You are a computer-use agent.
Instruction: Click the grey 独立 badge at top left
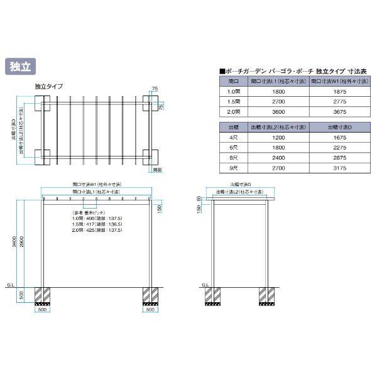pos(21,67)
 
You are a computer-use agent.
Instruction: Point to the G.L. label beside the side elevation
pos(205,284)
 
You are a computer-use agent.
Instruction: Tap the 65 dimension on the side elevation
pos(199,199)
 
